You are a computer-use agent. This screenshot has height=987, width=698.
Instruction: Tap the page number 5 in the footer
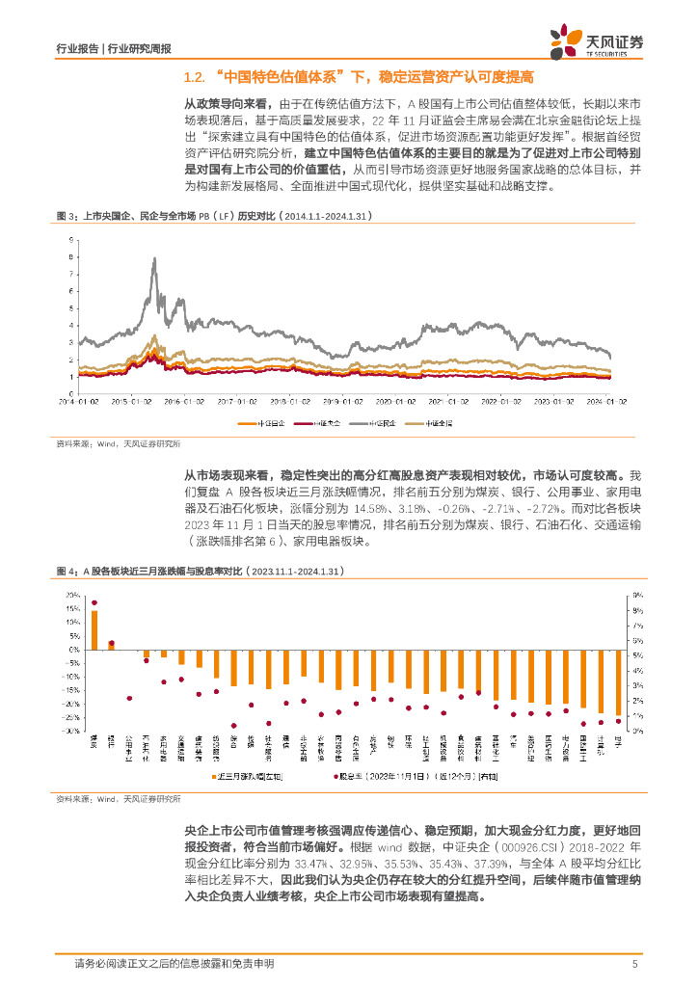[x=633, y=964]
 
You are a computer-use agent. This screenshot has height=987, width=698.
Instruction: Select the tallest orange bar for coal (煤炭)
[x=94, y=629]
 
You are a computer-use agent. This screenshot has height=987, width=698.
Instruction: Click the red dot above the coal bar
[x=94, y=602]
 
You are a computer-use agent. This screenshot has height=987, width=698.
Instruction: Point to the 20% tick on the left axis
[x=73, y=596]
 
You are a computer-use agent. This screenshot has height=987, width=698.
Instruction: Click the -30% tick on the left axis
[x=71, y=732]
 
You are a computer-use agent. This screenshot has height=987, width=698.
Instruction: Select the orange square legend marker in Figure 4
[x=213, y=775]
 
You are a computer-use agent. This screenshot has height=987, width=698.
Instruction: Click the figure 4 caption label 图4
[x=65, y=572]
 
